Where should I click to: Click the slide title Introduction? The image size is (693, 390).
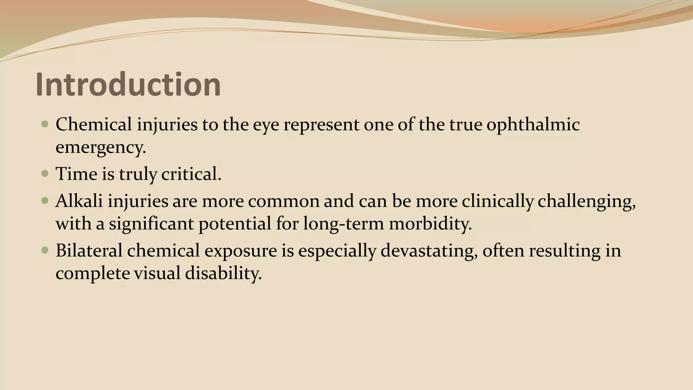128,84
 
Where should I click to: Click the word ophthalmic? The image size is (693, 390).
533,125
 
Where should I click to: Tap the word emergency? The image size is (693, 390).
100,147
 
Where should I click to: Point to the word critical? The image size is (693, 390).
191,174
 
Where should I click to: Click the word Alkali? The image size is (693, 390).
79,201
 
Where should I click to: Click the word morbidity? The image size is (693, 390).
430,224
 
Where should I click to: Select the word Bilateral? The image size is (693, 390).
89,251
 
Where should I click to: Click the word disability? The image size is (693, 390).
223,273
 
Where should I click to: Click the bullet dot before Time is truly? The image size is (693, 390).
45,174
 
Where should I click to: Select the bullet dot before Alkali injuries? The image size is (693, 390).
45,201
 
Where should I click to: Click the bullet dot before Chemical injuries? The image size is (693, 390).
45,124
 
